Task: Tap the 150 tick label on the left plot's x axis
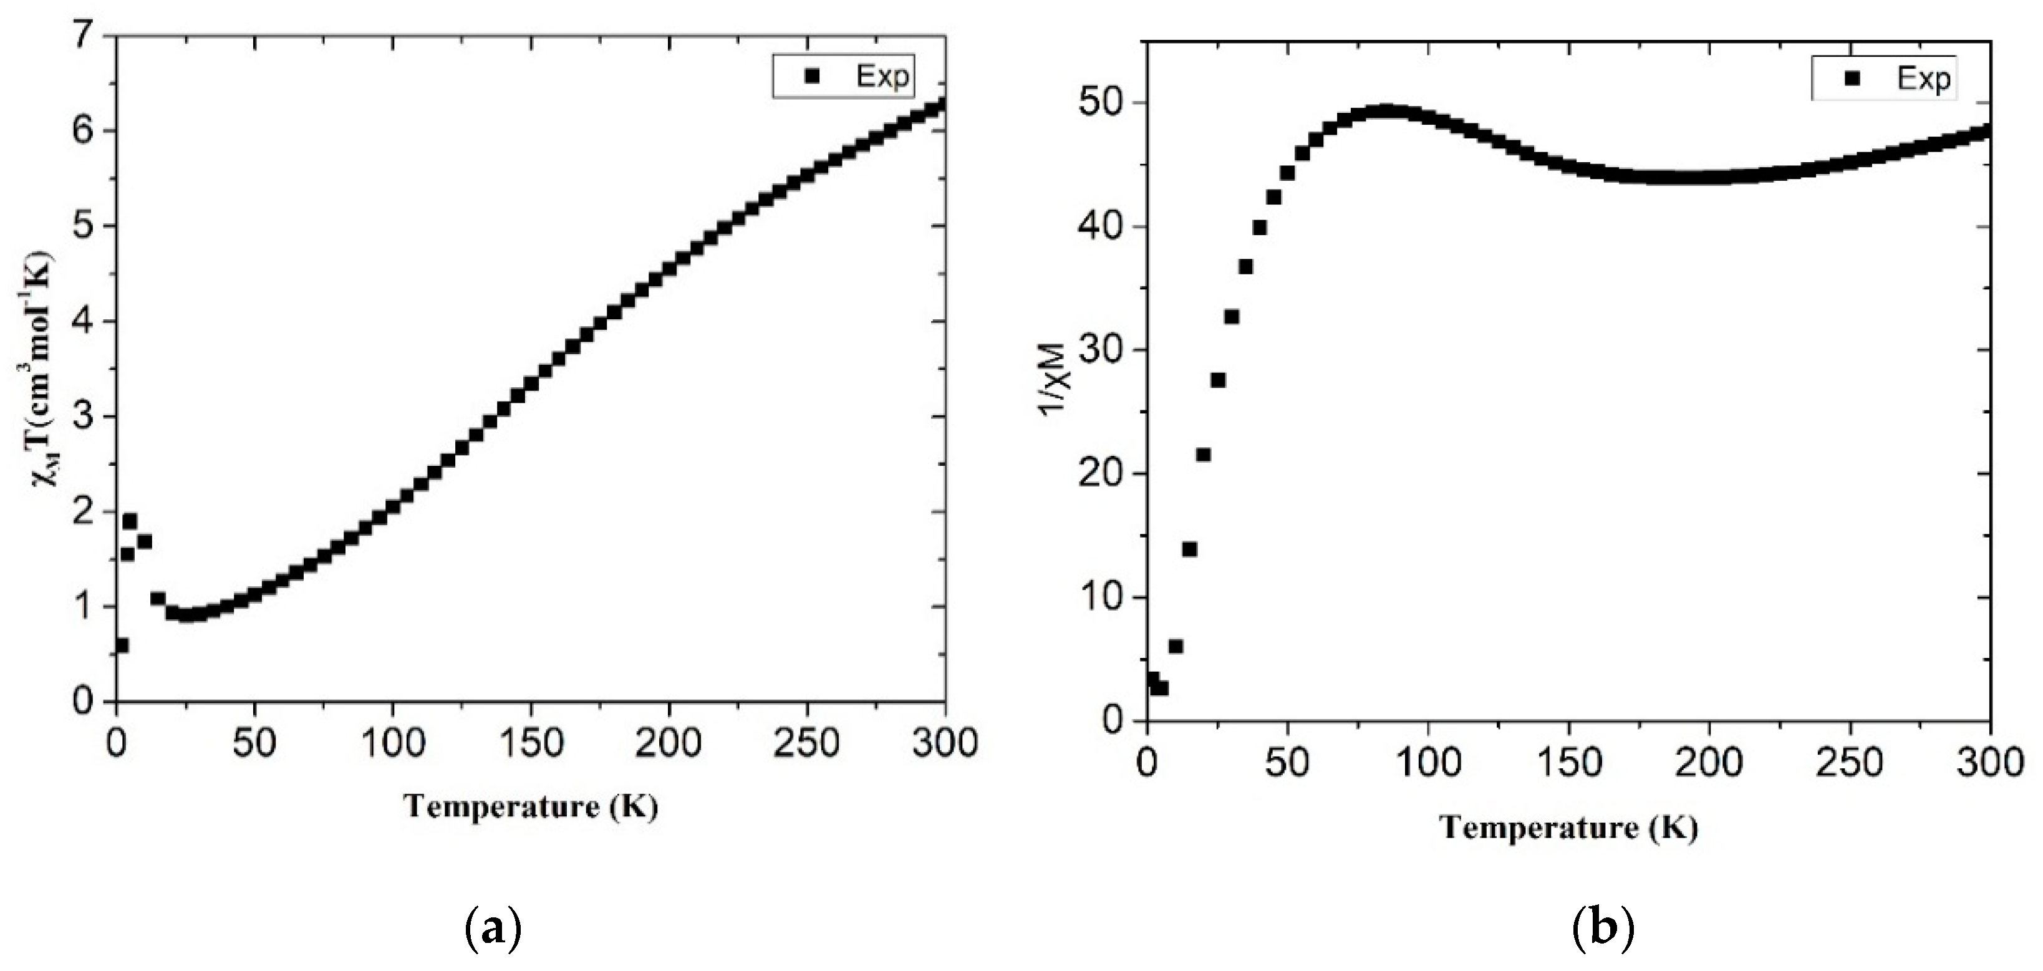pyautogui.click(x=531, y=743)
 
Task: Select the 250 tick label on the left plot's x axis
pyautogui.click(x=806, y=743)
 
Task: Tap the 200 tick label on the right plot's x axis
pyautogui.click(x=1709, y=763)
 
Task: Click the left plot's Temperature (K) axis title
pyautogui.click(x=531, y=807)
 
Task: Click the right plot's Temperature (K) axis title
pyautogui.click(x=1569, y=828)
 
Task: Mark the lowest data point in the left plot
pyautogui.click(x=122, y=645)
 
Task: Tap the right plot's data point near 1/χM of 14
pyautogui.click(x=1190, y=549)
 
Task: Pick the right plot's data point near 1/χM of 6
pyautogui.click(x=1176, y=647)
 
